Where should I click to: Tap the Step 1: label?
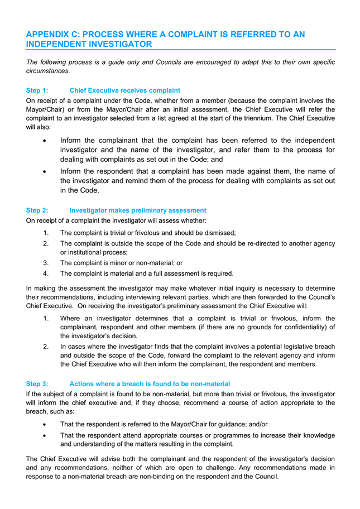point(37,90)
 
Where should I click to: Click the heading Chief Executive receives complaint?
point(124,90)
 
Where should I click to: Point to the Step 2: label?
point(37,210)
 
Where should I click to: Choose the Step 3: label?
point(37,384)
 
